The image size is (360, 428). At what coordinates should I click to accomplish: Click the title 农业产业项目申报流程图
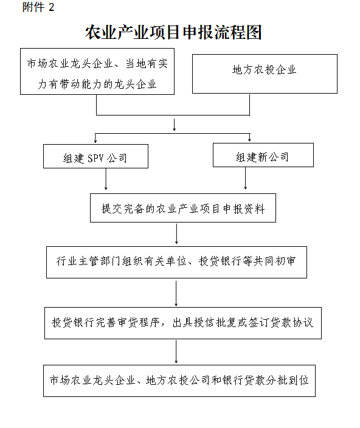173,32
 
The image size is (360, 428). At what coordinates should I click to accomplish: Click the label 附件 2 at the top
38,7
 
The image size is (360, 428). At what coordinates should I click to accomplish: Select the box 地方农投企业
265,74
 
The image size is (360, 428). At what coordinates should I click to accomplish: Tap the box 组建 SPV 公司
95,156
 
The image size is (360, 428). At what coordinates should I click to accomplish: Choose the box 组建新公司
263,155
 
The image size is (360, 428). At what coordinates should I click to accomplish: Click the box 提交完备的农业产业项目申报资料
183,208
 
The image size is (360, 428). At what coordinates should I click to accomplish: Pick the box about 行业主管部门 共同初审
176,262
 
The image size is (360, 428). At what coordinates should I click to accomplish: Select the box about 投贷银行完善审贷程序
183,323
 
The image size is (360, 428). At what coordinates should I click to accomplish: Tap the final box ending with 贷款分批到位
179,381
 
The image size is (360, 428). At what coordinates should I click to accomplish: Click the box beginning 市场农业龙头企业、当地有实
97,72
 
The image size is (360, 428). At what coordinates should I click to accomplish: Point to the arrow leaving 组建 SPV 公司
106,179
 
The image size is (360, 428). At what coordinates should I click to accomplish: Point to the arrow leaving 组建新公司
245,178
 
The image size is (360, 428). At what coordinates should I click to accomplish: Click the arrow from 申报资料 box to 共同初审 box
176,233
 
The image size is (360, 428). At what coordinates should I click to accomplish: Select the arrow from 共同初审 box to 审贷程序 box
176,294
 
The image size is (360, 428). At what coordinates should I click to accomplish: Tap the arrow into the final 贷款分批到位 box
176,352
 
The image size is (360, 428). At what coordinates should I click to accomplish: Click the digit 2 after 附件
51,7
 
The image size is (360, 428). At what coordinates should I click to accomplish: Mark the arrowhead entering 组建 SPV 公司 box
95,141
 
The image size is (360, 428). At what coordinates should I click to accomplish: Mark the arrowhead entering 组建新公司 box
249,139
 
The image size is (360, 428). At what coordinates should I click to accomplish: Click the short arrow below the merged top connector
174,125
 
